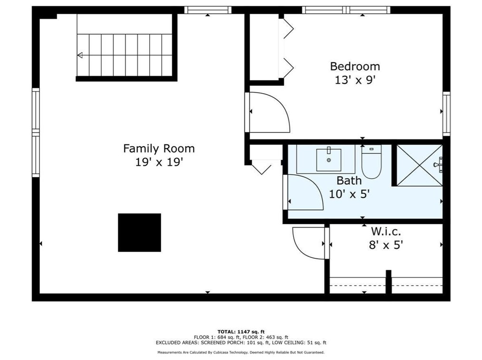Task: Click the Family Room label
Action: (159, 149)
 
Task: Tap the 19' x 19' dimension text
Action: (159, 162)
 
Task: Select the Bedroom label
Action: (355, 66)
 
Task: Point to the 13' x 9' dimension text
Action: (356, 80)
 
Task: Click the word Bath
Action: (349, 180)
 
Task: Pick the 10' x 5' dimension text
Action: (349, 194)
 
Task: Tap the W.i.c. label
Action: (386, 231)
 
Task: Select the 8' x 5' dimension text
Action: (386, 245)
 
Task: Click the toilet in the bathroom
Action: (372, 161)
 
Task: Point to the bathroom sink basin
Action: (328, 160)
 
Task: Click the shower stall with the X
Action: (420, 165)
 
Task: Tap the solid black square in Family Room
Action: (140, 233)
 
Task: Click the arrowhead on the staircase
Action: (80, 55)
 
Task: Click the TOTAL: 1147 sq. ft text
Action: (241, 332)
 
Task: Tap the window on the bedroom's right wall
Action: (446, 114)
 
